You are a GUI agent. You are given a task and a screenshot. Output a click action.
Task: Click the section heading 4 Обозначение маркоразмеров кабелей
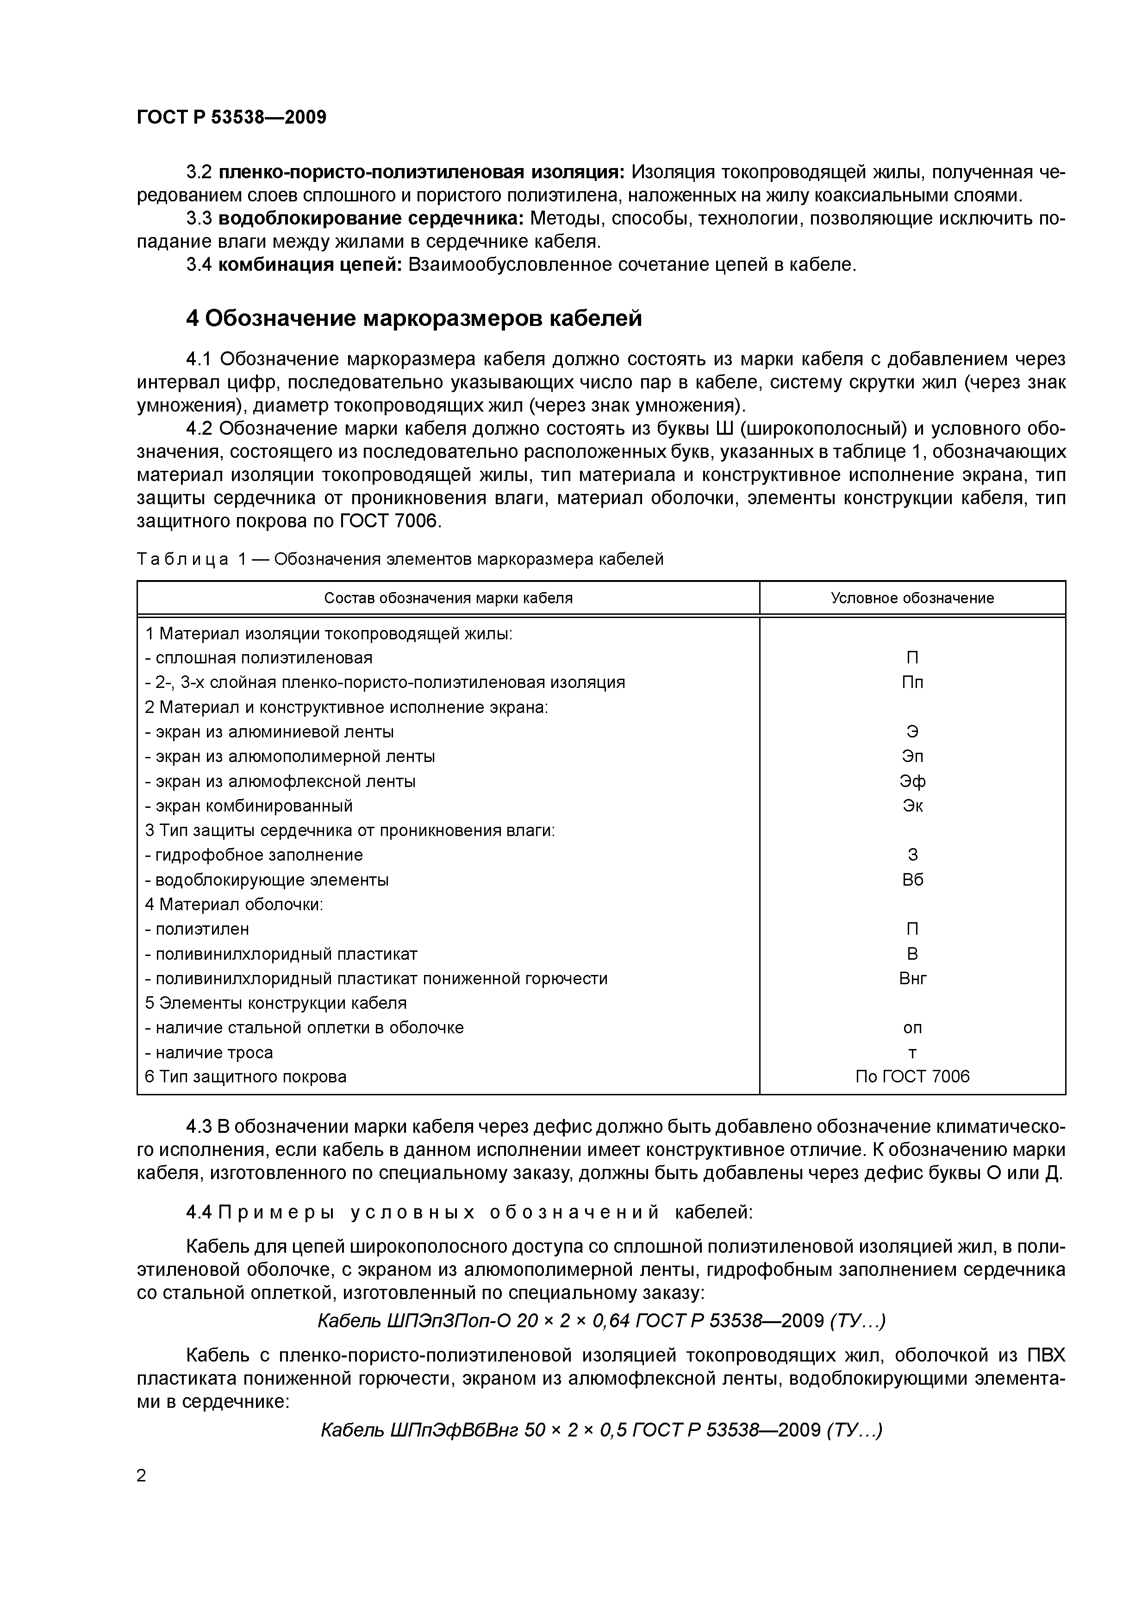[x=414, y=319]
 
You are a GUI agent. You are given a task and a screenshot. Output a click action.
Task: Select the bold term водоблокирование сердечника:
[x=371, y=218]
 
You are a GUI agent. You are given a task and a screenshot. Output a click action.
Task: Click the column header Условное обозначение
[x=912, y=598]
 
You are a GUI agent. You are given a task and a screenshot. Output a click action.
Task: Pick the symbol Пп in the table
[x=912, y=682]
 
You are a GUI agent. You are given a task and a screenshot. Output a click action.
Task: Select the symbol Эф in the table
[x=912, y=781]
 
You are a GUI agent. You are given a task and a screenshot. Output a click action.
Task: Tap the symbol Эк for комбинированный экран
[x=912, y=806]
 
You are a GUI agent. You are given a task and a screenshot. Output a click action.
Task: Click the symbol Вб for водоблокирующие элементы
[x=912, y=879]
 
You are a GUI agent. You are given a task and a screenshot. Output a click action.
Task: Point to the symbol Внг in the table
[x=912, y=978]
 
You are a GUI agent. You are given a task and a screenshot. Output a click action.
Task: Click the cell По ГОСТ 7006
[x=912, y=1076]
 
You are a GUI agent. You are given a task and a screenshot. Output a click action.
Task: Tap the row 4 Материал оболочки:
[x=233, y=904]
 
